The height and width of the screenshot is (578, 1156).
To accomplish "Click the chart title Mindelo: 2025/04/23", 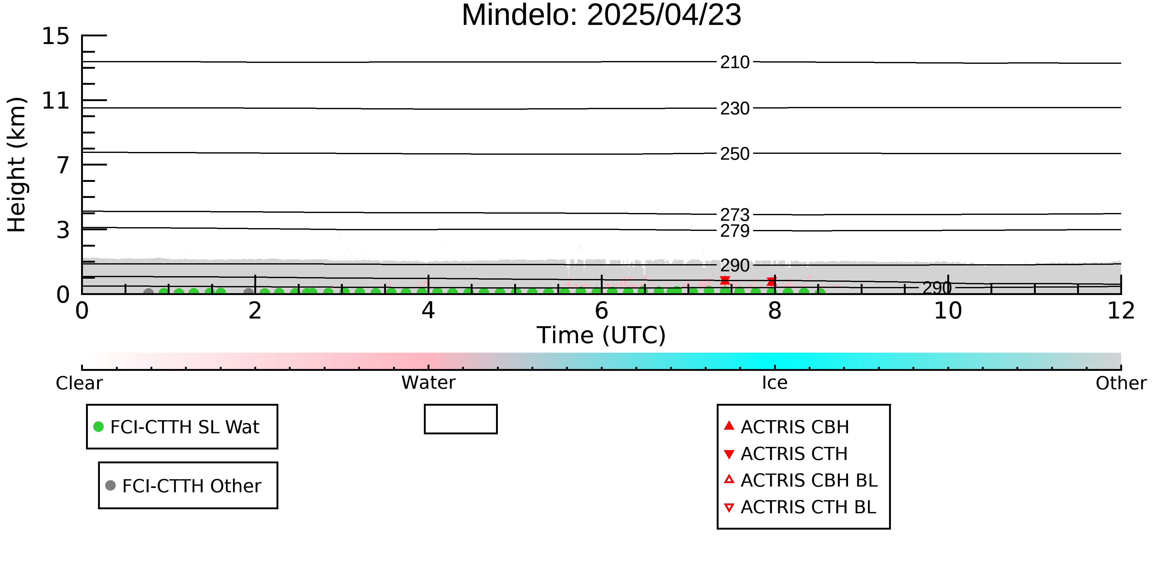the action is click(x=601, y=15).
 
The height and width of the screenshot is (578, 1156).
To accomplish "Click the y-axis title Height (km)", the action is click(x=17, y=165).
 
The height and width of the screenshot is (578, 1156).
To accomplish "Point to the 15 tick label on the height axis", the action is click(x=56, y=36).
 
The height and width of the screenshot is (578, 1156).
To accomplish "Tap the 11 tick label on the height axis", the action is click(x=56, y=100).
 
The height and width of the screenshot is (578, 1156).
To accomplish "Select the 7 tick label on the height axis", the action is click(x=63, y=165).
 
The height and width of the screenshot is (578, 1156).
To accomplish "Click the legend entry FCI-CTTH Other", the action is click(x=183, y=486).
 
